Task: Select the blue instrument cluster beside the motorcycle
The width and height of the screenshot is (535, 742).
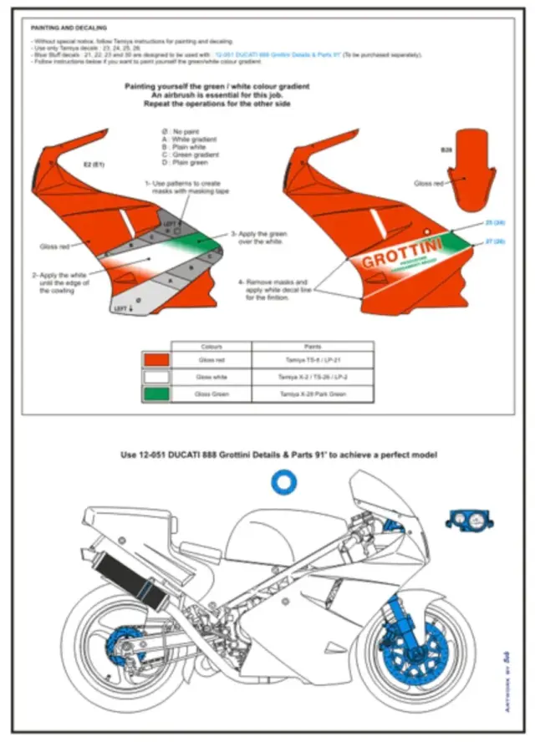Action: (x=469, y=519)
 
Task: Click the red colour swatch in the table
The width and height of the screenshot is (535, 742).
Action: (x=157, y=359)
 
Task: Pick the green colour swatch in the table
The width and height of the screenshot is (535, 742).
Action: (x=157, y=392)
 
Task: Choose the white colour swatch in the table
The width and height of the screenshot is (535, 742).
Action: (x=157, y=376)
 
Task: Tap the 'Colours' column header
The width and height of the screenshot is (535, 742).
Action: (x=211, y=345)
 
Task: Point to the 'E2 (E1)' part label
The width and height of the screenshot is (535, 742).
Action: (x=93, y=164)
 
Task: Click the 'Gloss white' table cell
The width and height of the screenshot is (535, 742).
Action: (x=211, y=376)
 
